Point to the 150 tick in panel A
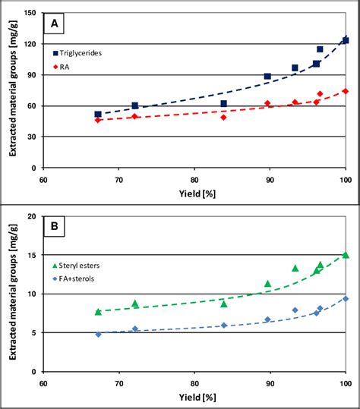point(32,14)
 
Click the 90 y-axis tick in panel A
point(34,75)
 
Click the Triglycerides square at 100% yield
point(346,40)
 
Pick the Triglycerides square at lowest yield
point(98,115)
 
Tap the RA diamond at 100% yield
point(346,91)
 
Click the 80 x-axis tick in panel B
point(194,383)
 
